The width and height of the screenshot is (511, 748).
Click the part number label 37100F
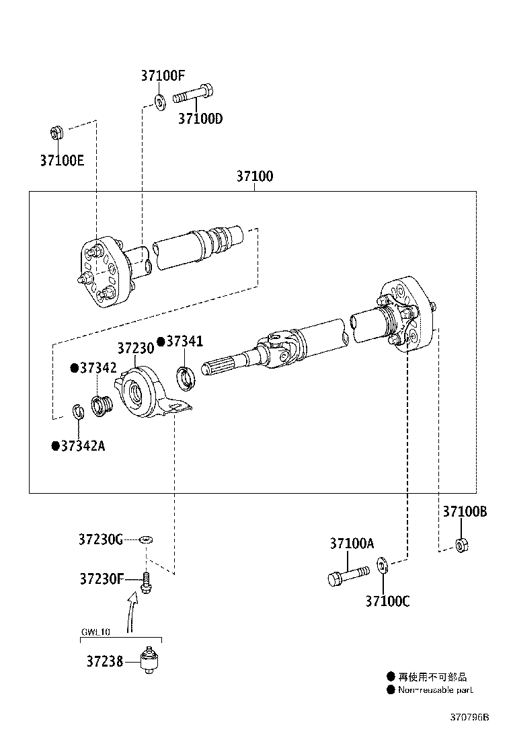161,75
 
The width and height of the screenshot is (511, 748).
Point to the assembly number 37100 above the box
254,177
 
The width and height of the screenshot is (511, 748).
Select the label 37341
184,342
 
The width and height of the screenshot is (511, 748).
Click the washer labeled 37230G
146,539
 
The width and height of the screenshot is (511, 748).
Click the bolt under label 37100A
348,576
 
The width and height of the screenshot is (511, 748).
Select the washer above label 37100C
381,564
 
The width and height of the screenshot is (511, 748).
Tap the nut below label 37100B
461,544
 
